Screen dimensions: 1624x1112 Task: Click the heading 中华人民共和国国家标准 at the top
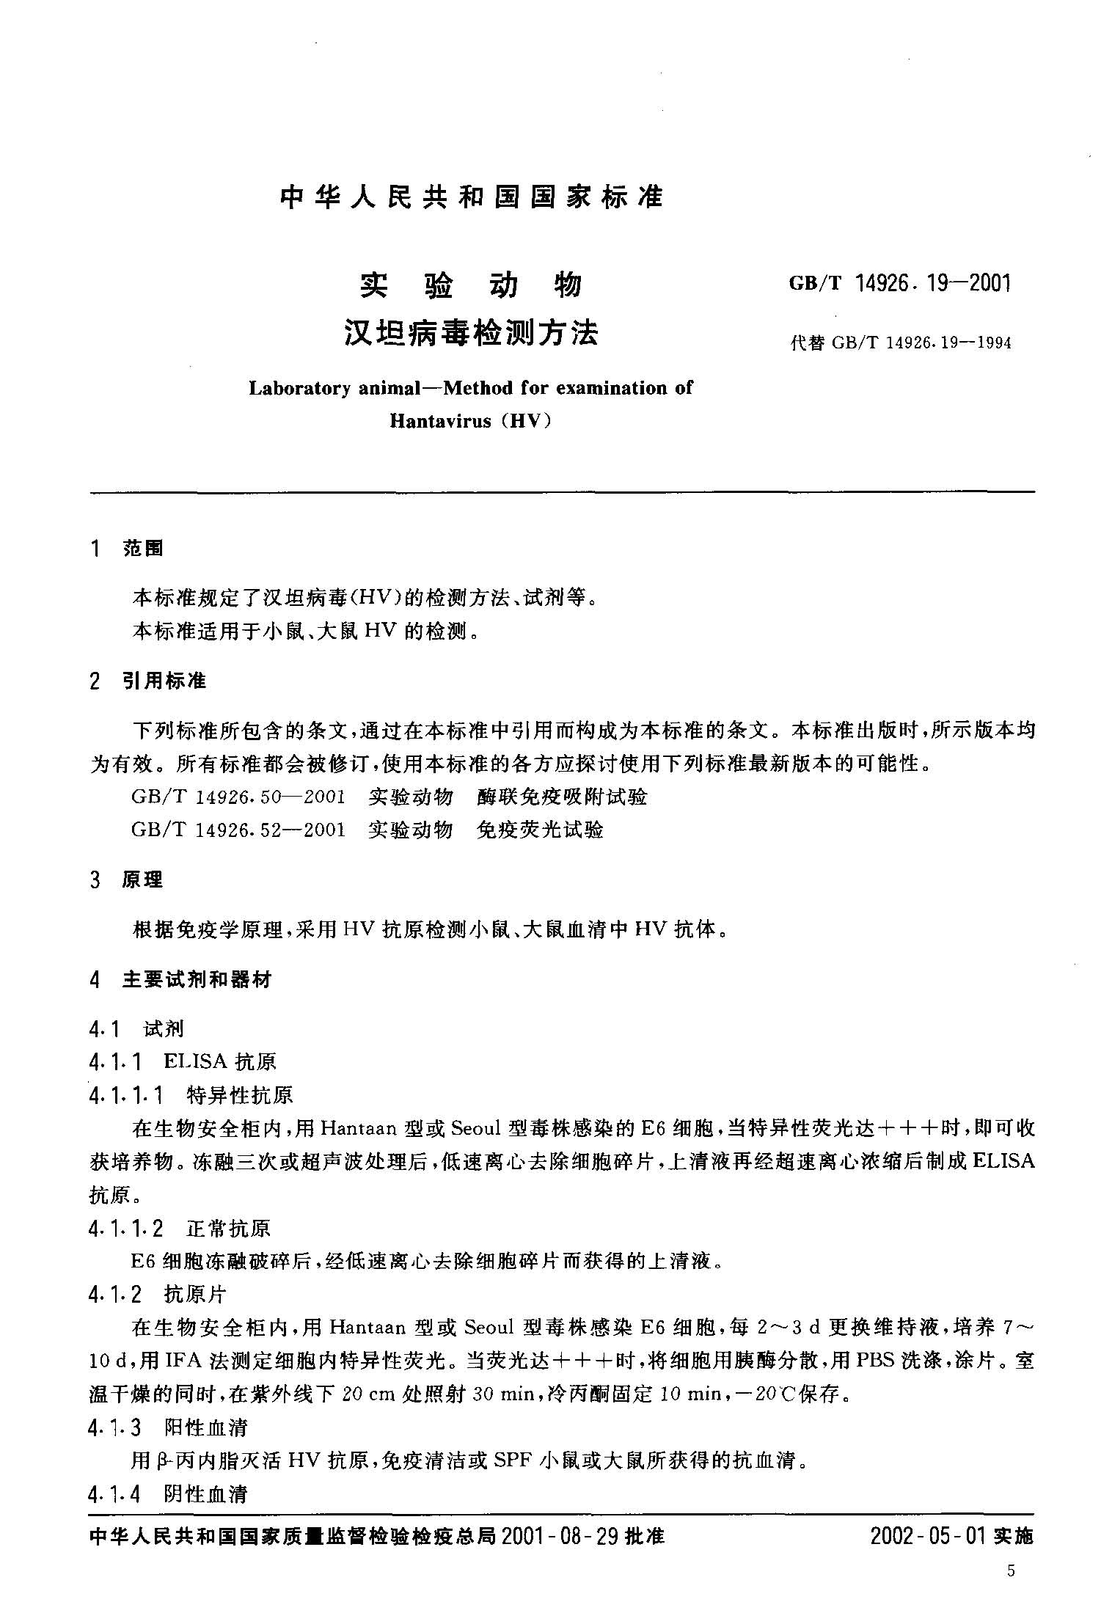tap(471, 197)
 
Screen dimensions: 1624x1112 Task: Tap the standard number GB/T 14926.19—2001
tap(899, 284)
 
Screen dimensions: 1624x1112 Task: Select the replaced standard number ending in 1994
tap(901, 343)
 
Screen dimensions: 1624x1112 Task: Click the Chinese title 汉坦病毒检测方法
tap(471, 334)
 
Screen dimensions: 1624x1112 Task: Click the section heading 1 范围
tap(126, 548)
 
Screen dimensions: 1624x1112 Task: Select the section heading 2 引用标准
tap(147, 681)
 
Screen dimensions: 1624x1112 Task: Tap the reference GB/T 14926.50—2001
tap(238, 797)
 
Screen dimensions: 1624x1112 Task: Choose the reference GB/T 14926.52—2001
tap(238, 830)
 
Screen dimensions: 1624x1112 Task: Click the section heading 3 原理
tap(126, 880)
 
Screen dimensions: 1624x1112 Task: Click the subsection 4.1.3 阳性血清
tap(168, 1427)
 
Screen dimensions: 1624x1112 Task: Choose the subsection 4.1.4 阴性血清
tap(168, 1494)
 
